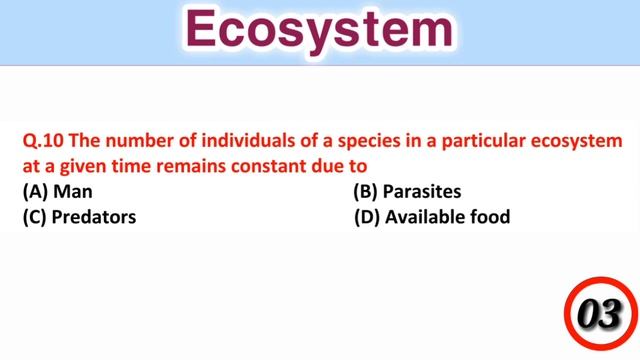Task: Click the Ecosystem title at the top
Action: (319, 32)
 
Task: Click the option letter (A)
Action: (35, 190)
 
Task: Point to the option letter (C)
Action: (35, 216)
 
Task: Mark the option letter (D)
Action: (367, 216)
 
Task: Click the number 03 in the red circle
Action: (599, 316)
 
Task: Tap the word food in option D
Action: (489, 216)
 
